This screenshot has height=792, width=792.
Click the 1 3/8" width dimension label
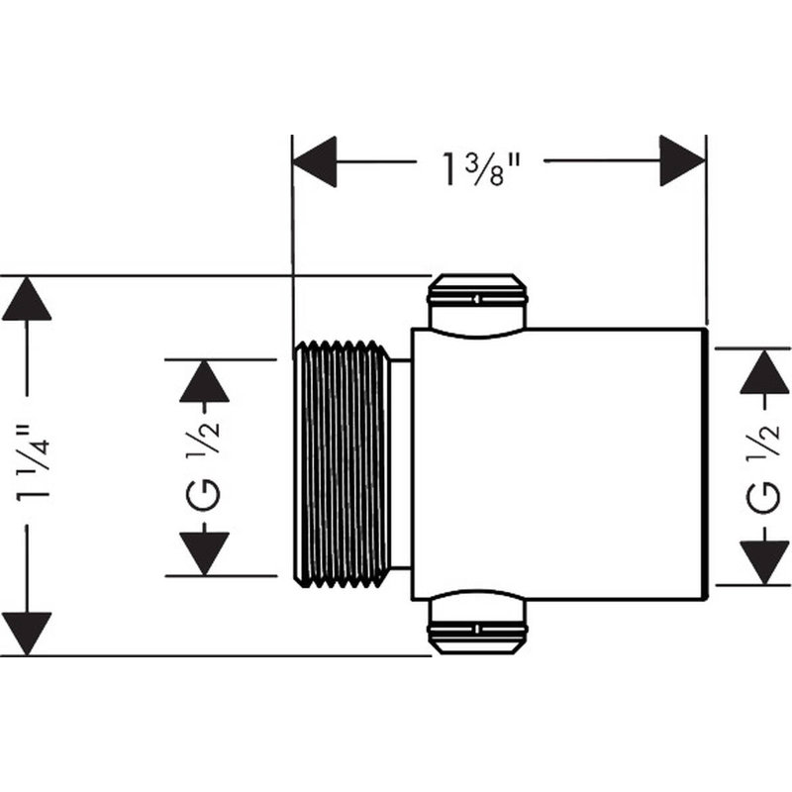coord(481,168)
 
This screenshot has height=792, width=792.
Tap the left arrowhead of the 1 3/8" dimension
coord(314,161)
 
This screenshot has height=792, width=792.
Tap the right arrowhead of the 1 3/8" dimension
coord(682,160)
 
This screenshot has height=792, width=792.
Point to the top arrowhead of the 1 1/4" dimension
coord(27,298)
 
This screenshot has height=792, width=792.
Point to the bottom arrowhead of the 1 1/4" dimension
coord(27,634)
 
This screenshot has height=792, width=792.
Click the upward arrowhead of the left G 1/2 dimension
coord(204,381)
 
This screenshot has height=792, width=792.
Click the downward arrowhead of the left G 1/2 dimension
coord(204,553)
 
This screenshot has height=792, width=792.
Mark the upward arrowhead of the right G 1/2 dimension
coord(764,371)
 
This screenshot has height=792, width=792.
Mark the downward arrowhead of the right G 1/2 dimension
coord(764,562)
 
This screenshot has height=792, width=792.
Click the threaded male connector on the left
coord(342,463)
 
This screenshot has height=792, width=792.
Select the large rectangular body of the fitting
coord(558,464)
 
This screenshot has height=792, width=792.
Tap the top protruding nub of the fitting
coord(477,305)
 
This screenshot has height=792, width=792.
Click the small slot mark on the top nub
coord(477,300)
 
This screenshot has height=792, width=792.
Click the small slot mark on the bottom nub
coord(477,630)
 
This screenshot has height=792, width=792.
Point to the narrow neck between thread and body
coord(401,463)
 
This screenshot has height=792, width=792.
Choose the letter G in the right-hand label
coord(765,498)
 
